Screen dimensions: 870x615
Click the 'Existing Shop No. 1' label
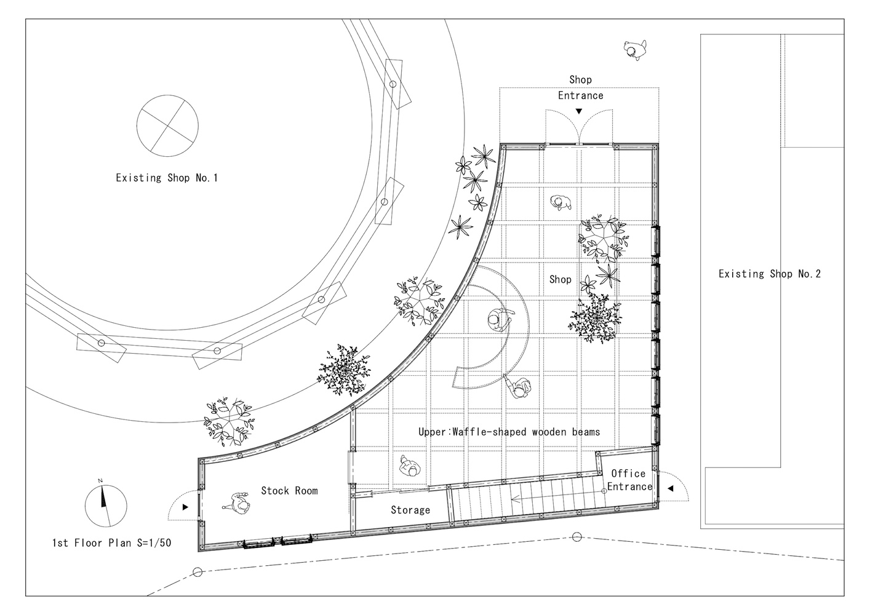(167, 178)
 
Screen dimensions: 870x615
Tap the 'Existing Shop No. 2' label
(770, 274)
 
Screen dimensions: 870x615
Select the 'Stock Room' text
(289, 491)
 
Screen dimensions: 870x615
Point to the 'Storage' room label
(410, 510)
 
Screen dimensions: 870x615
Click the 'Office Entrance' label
(629, 480)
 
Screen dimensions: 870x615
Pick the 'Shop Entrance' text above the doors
(581, 87)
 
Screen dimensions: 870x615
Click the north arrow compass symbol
(106, 506)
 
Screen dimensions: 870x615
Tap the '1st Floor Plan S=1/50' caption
(112, 543)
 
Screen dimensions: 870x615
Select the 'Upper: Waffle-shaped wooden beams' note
(509, 432)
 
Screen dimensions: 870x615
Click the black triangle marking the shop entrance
(579, 111)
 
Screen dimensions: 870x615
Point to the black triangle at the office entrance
(671, 488)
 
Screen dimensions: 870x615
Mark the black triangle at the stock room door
(185, 507)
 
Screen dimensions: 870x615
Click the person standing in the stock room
(237, 504)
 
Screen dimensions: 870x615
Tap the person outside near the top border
(636, 50)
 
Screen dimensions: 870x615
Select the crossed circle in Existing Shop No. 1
(167, 126)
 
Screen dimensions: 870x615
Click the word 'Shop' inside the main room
(560, 280)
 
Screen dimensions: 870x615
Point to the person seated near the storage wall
(410, 466)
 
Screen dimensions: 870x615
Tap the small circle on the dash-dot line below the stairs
(577, 538)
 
